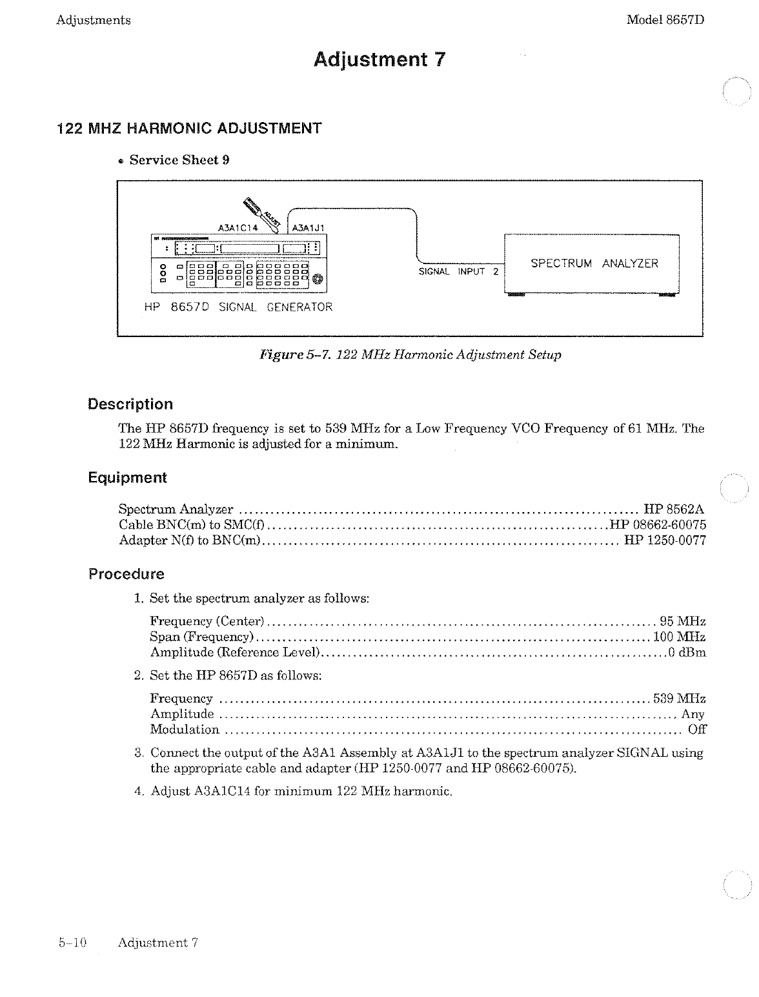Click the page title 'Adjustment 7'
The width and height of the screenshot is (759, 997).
(x=379, y=60)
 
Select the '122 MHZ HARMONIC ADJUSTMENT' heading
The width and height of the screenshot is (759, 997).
(x=189, y=128)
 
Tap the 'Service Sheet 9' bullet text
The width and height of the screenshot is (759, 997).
(x=179, y=160)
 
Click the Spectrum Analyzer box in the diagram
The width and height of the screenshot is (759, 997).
(x=592, y=264)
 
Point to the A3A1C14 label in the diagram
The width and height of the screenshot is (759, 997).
(x=239, y=227)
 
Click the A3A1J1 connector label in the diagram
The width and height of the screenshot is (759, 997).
(x=309, y=227)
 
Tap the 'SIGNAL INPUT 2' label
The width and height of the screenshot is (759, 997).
(x=458, y=272)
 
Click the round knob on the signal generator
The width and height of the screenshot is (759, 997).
(x=318, y=279)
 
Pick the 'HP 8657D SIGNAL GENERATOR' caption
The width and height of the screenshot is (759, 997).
(x=238, y=307)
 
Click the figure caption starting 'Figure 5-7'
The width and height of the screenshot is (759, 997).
(x=410, y=355)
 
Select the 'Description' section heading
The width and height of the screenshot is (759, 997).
(x=130, y=404)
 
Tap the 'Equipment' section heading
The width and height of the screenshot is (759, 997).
(x=127, y=478)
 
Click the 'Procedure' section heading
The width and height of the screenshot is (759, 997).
(x=126, y=574)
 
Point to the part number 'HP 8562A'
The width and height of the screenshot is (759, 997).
(x=674, y=509)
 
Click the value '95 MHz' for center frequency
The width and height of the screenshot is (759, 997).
(x=682, y=621)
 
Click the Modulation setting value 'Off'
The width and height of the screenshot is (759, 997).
(x=697, y=730)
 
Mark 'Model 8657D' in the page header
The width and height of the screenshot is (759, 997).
(x=665, y=20)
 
